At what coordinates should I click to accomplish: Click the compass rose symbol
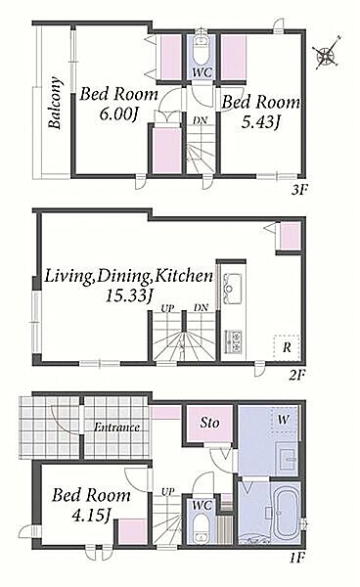click(x=328, y=53)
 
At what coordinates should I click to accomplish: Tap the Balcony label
click(x=55, y=103)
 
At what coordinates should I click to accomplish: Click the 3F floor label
click(x=298, y=190)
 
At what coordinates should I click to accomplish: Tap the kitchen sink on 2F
click(x=232, y=289)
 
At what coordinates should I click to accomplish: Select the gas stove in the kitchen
click(x=233, y=341)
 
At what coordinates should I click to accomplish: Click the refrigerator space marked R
click(x=287, y=347)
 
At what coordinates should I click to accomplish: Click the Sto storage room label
click(x=209, y=423)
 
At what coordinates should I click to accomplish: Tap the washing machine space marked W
click(x=284, y=420)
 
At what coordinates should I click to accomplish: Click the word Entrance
click(x=116, y=428)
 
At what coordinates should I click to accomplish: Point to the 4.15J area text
click(x=91, y=516)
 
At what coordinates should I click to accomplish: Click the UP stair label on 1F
click(x=167, y=491)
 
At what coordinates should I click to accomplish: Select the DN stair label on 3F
click(x=201, y=120)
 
